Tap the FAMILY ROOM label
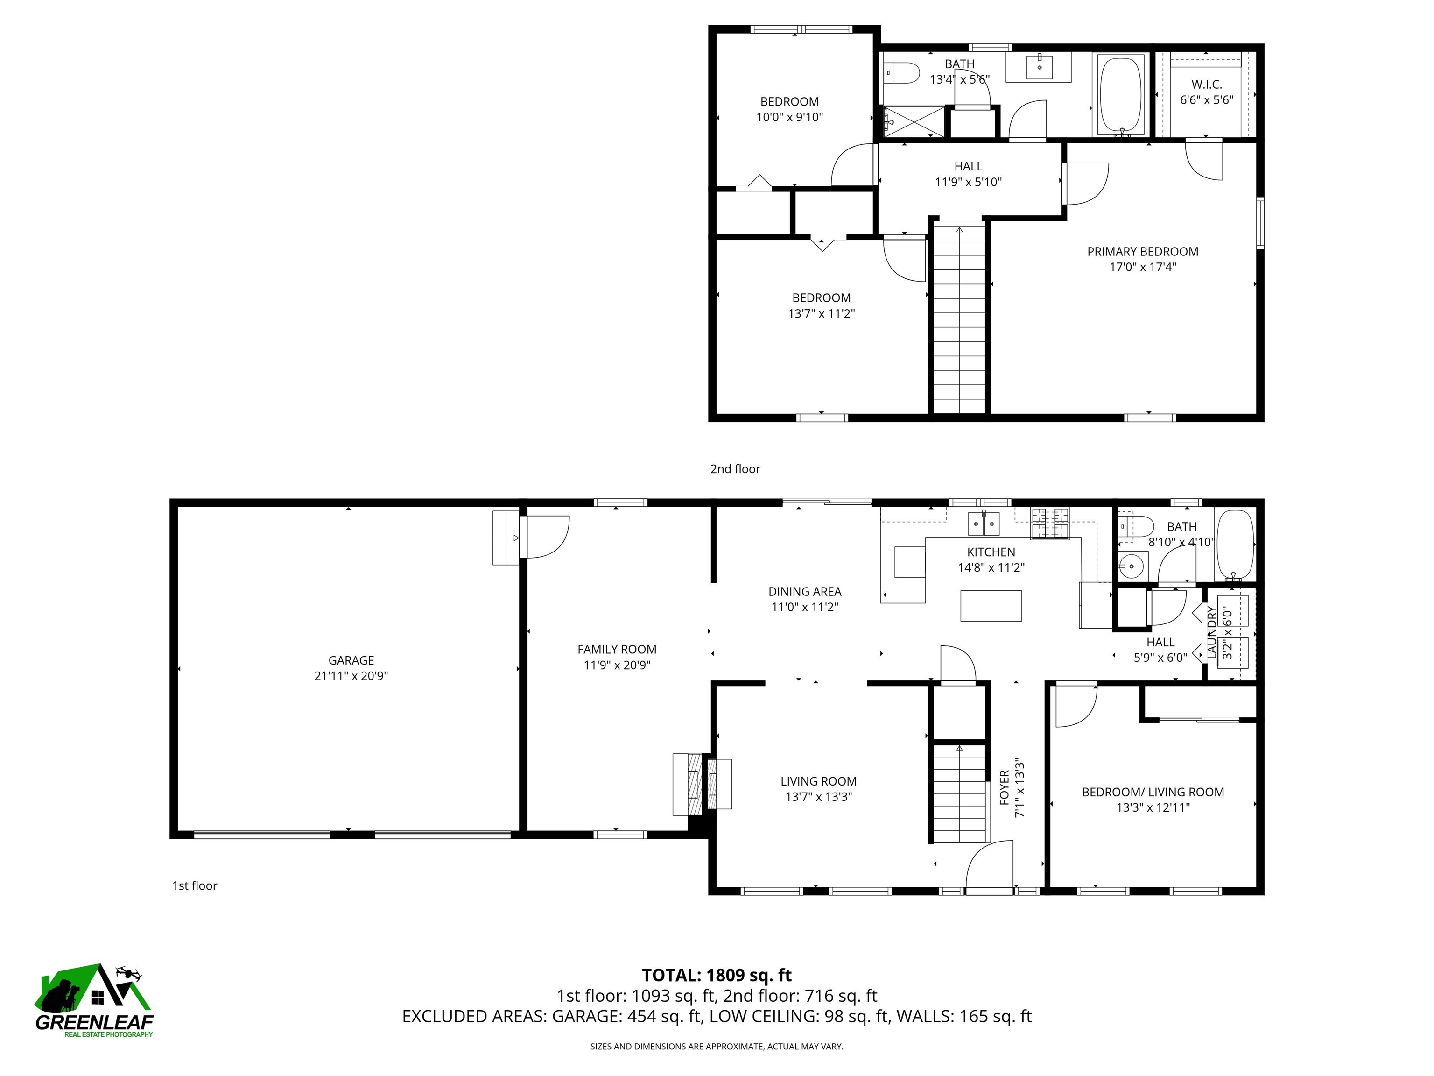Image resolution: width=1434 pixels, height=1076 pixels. pyautogui.click(x=617, y=649)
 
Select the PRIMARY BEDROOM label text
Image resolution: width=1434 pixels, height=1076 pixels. pyautogui.click(x=1142, y=252)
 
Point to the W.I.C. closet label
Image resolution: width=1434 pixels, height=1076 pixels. pyautogui.click(x=1207, y=85)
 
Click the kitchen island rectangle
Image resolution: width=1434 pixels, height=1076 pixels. pyautogui.click(x=991, y=606)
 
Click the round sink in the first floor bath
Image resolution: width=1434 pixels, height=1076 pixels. pyautogui.click(x=1131, y=566)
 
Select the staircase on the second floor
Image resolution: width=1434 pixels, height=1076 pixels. pyautogui.click(x=959, y=318)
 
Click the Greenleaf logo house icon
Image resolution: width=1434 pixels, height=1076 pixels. pyautogui.click(x=94, y=989)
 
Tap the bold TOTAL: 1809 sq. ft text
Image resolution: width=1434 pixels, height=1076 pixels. pyautogui.click(x=717, y=975)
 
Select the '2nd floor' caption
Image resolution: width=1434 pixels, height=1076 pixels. pyautogui.click(x=735, y=468)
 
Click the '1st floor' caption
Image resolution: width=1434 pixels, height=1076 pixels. pyautogui.click(x=195, y=885)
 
